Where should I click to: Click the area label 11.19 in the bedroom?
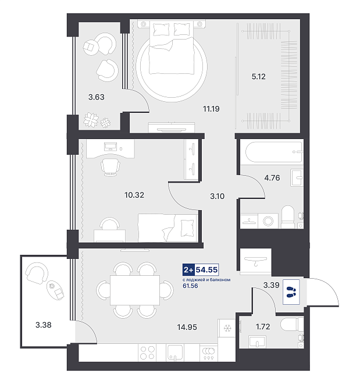tap(211, 109)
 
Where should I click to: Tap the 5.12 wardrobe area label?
tap(258, 77)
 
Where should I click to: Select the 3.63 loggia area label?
tap(96, 97)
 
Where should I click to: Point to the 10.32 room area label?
tap(134, 195)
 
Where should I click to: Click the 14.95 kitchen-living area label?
tap(187, 327)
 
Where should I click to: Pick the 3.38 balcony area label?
tap(43, 325)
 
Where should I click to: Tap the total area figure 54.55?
tap(206, 269)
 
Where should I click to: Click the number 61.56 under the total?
tap(190, 286)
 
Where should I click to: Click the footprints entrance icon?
tap(291, 292)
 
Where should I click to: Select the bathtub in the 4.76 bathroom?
tap(273, 152)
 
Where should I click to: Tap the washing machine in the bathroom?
tap(268, 221)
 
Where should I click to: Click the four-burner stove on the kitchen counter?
tap(147, 353)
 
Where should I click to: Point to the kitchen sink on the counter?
tap(174, 353)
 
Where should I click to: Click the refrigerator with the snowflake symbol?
tap(227, 328)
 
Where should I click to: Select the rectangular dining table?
tap(135, 290)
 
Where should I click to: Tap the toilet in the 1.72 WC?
tap(292, 324)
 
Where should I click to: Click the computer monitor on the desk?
tap(111, 147)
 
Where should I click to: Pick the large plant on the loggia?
tap(91, 120)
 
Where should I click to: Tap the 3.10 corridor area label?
tap(217, 196)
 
